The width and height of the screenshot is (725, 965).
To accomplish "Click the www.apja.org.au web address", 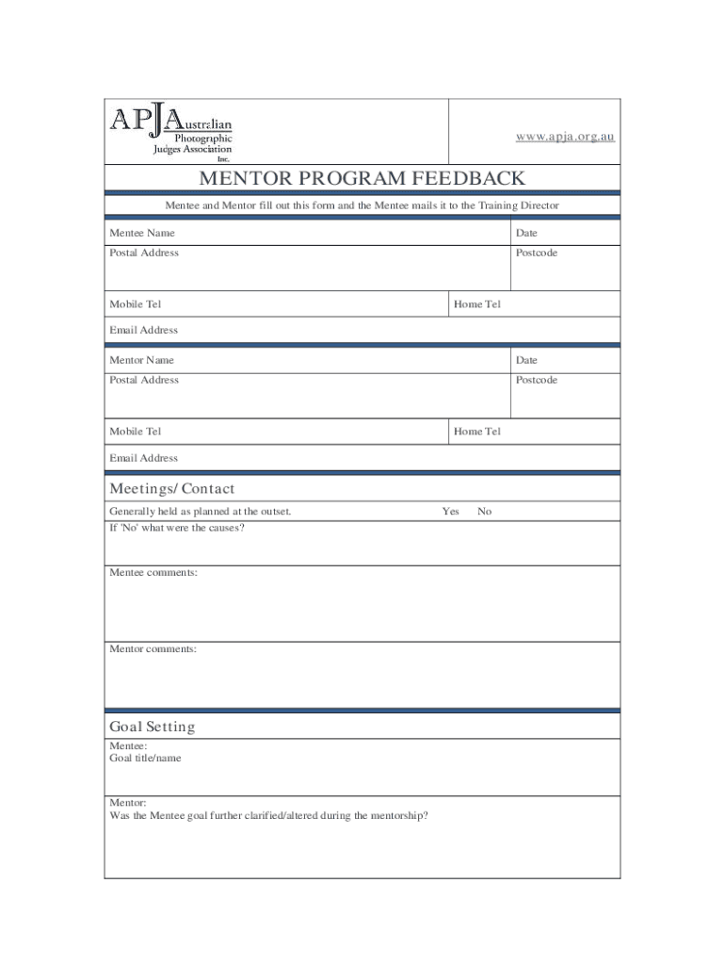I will pyautogui.click(x=565, y=137).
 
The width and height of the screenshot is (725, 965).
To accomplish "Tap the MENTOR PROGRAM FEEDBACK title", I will pyautogui.click(x=362, y=179).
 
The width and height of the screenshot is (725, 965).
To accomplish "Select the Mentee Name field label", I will pyautogui.click(x=142, y=233).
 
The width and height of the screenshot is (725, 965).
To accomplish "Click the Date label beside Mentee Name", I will pyautogui.click(x=526, y=233).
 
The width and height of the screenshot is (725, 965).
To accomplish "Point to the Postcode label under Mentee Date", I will pyautogui.click(x=536, y=253).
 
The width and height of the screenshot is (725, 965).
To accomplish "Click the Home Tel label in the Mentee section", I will pyautogui.click(x=477, y=304).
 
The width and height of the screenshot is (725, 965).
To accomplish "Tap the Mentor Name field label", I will pyautogui.click(x=142, y=360).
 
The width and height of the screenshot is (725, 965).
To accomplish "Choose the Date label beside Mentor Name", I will pyautogui.click(x=526, y=360).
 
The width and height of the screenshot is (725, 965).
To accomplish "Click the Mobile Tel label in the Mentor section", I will pyautogui.click(x=136, y=432).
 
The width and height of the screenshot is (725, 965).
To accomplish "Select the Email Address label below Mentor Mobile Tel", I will pyautogui.click(x=144, y=458).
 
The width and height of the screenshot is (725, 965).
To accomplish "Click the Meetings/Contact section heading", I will pyautogui.click(x=172, y=489).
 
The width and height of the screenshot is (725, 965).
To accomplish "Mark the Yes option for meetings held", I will pyautogui.click(x=451, y=512).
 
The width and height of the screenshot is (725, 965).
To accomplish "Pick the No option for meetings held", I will pyautogui.click(x=484, y=512).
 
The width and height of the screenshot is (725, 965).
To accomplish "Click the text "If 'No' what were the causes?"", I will pyautogui.click(x=177, y=528).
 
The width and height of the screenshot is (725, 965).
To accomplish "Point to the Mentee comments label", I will pyautogui.click(x=153, y=573).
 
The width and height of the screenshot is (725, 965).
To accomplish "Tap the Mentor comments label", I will pyautogui.click(x=153, y=649).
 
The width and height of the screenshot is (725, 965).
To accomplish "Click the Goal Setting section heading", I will pyautogui.click(x=153, y=728).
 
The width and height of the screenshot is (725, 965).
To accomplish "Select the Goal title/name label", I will pyautogui.click(x=146, y=758).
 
